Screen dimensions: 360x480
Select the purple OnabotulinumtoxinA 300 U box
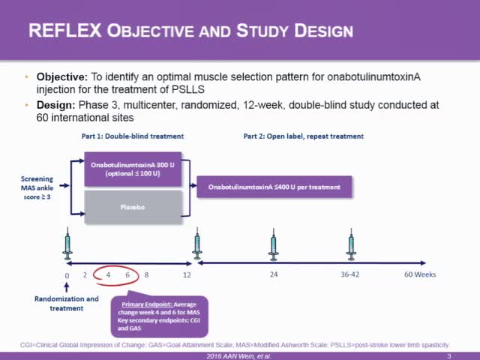(133, 169)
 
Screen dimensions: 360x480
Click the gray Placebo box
(133, 207)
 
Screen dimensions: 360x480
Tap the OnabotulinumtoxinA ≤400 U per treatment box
(274, 186)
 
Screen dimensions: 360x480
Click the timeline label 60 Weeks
(420, 274)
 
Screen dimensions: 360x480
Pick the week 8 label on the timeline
(147, 274)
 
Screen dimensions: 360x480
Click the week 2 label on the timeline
(85, 274)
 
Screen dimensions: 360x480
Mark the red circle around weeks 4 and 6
(118, 274)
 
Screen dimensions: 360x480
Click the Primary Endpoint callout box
(159, 316)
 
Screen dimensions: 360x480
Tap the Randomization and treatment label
(67, 303)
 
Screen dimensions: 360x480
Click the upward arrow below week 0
(67, 286)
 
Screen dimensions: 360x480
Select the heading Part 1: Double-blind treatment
(133, 136)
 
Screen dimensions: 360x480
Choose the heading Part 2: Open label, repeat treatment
(304, 136)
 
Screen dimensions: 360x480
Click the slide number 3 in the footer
(448, 355)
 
